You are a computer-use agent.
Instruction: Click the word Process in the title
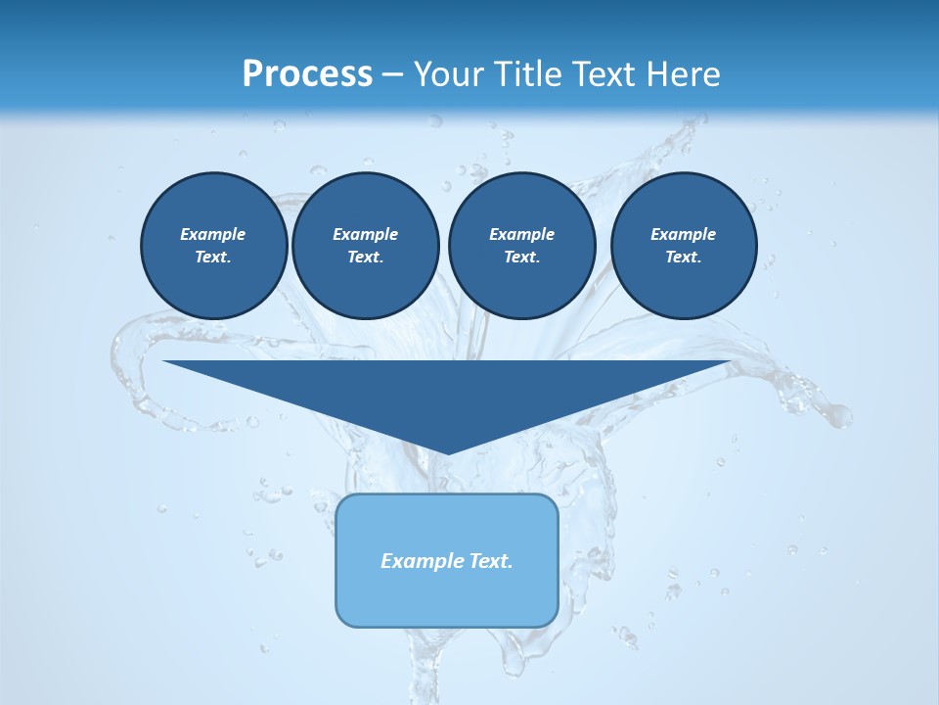pos(307,74)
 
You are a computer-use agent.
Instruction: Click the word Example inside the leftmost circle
pos(213,234)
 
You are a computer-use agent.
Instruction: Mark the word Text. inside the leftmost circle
pos(213,257)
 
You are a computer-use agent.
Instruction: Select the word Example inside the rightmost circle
pos(683,234)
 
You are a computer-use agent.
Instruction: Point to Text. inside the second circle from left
pos(365,257)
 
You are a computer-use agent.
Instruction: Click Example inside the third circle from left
pos(521,234)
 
